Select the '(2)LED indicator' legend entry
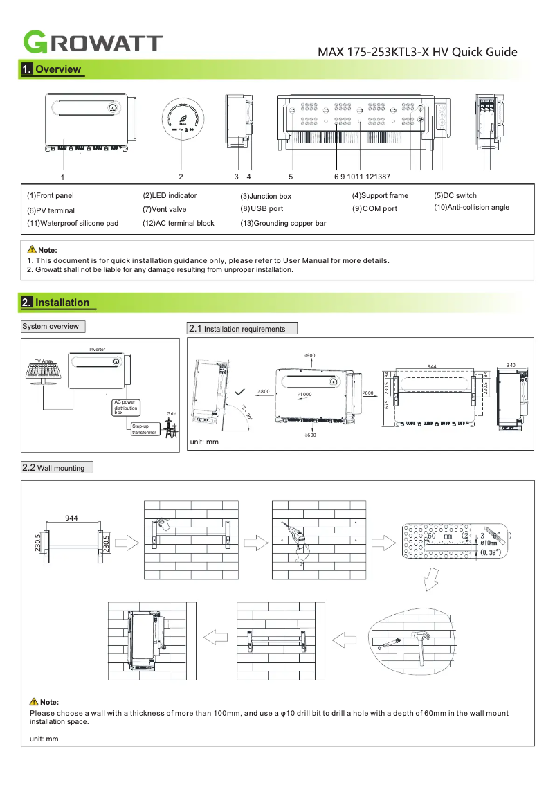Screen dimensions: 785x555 tap(170, 196)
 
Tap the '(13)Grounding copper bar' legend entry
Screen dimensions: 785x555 tap(283, 223)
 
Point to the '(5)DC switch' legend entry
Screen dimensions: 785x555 tap(455, 196)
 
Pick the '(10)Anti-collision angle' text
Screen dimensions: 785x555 tap(471, 208)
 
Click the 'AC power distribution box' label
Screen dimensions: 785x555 tap(127, 407)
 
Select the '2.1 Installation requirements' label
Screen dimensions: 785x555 tap(242, 328)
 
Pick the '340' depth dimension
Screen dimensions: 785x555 tap(511, 365)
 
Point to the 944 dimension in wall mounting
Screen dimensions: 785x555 tap(71, 518)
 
